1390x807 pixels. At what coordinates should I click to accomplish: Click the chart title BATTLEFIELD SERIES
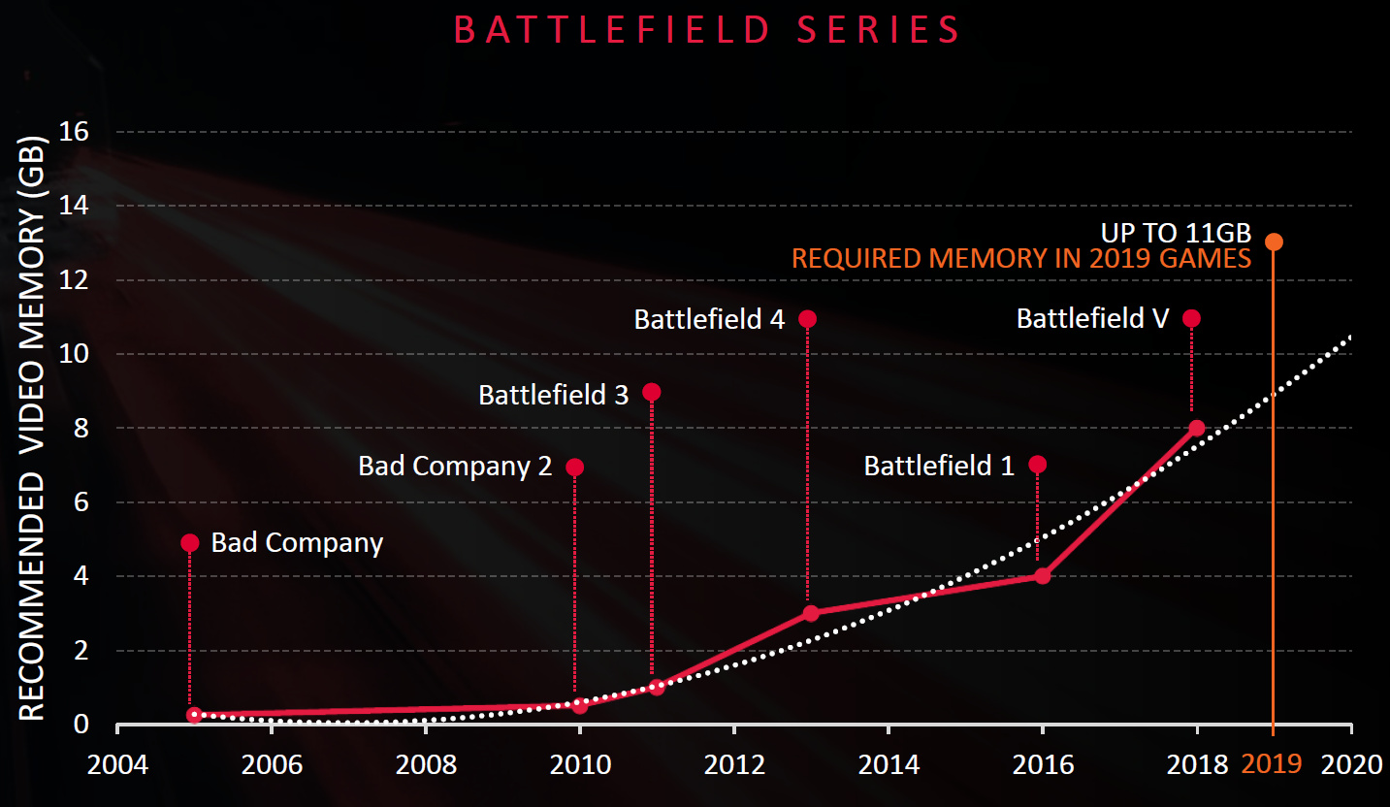coord(707,30)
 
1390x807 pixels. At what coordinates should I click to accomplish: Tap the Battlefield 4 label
coord(709,319)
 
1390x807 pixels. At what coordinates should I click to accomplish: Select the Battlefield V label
coord(1093,318)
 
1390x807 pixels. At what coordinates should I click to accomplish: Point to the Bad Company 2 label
coord(455,467)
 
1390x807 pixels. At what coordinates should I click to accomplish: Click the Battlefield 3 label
coord(554,395)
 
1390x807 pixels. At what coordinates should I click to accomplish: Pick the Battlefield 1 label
coord(939,467)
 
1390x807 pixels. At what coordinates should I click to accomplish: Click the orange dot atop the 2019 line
coord(1274,242)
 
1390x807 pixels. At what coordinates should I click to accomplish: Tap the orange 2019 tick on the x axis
coord(1272,764)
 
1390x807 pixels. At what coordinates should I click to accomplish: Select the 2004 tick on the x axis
coord(117,764)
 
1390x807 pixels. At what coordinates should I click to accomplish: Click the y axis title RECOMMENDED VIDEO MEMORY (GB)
coord(33,427)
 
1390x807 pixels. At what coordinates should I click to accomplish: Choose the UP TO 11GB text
coord(1176,234)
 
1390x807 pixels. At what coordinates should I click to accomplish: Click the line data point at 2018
coord(1196,428)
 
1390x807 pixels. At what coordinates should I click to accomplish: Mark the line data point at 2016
coord(1043,575)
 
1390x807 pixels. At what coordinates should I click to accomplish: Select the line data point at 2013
coord(811,613)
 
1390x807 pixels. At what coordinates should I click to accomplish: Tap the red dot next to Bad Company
coord(190,542)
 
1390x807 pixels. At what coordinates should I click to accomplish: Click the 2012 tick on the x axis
coord(734,764)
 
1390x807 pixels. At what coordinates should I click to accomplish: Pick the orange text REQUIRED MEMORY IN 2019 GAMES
coord(1021,260)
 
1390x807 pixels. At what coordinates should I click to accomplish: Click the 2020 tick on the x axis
coord(1351,764)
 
